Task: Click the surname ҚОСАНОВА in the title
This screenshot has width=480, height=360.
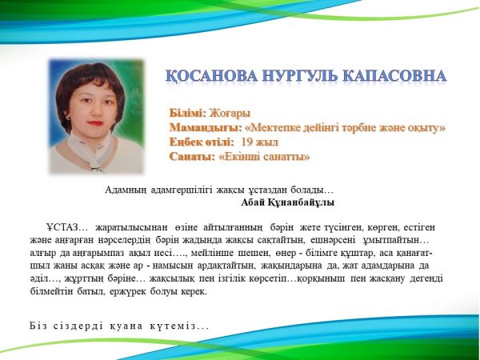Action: [211, 76]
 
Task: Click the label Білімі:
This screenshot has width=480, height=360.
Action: [188, 114]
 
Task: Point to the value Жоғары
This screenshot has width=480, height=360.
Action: [230, 114]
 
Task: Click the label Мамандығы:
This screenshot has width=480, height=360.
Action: [206, 128]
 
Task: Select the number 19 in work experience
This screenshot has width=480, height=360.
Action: [246, 142]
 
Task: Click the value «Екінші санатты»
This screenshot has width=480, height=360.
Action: [265, 157]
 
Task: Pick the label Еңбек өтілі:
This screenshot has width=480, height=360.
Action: [202, 142]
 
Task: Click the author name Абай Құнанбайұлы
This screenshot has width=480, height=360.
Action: [287, 202]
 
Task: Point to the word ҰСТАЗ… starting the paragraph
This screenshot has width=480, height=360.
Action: [67, 227]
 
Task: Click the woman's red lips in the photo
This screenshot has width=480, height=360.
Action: [95, 123]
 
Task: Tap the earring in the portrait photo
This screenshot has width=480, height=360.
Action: [68, 118]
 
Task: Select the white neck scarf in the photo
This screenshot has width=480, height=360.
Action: [90, 150]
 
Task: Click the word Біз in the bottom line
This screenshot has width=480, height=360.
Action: [38, 326]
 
